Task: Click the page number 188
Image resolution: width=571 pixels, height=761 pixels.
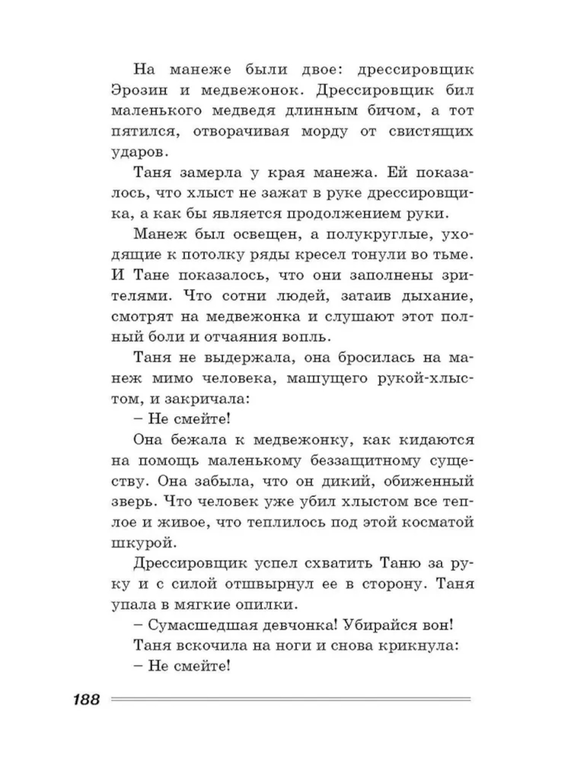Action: tap(86, 700)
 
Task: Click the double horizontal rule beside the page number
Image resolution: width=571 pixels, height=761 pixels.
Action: tap(291, 699)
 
